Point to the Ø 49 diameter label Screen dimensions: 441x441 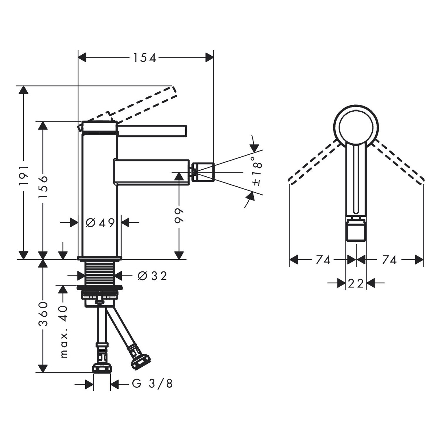(x=100, y=223)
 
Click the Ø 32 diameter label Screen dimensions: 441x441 (x=152, y=276)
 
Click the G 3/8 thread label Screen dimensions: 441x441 (x=152, y=384)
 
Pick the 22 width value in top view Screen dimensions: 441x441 (x=356, y=283)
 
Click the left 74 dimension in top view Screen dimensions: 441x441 (x=323, y=260)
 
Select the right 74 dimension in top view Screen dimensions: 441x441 (x=389, y=260)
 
